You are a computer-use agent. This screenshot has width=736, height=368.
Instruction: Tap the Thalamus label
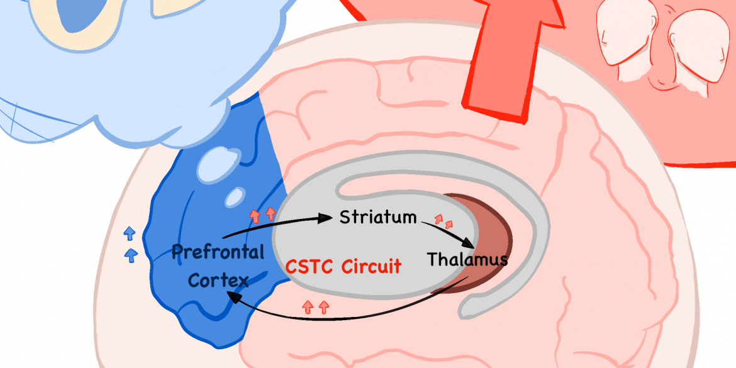(x=467, y=259)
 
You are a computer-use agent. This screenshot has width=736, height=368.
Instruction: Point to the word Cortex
(x=218, y=281)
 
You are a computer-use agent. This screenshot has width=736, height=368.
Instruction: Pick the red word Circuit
(x=371, y=267)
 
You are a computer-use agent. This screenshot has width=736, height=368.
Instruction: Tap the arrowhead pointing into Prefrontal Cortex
(x=233, y=297)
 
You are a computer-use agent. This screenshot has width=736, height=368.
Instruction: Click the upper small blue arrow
(x=130, y=232)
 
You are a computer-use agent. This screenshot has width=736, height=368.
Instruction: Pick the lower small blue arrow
(x=131, y=254)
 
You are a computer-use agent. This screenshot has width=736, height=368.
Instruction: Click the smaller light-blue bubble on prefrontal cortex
(x=235, y=197)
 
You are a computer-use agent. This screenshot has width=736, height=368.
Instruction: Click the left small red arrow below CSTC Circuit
(x=308, y=308)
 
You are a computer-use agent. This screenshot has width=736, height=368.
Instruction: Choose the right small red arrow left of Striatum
(x=270, y=214)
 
